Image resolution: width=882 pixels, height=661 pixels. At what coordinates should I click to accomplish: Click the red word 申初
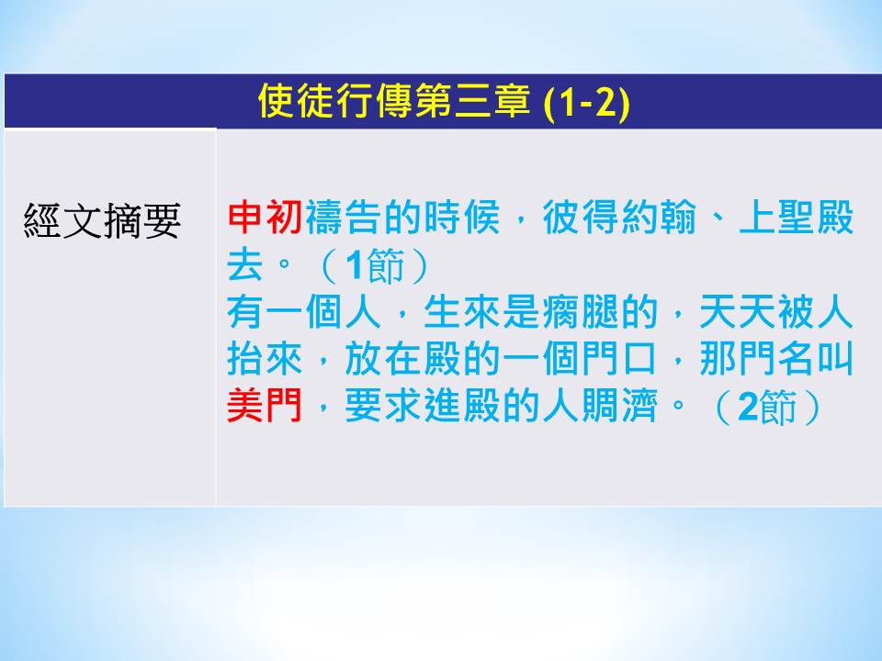click(265, 217)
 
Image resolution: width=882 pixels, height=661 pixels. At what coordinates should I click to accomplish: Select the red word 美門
click(265, 405)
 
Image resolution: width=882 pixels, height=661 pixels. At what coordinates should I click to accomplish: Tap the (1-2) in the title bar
click(587, 103)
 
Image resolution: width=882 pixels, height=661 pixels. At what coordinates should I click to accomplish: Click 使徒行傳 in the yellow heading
click(335, 102)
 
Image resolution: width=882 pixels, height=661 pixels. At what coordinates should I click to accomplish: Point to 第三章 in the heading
click(472, 102)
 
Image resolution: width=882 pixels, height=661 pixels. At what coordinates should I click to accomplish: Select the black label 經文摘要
click(102, 220)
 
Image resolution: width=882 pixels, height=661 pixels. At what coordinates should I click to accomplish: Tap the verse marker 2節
click(767, 406)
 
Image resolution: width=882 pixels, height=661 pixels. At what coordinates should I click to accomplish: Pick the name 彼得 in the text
click(581, 217)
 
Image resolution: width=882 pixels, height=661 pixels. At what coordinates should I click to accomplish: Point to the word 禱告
click(344, 217)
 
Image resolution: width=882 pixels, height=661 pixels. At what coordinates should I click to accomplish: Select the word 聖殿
click(816, 217)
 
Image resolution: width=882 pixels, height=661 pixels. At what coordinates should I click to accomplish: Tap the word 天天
click(738, 311)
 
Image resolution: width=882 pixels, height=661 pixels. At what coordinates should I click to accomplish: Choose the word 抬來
click(265, 359)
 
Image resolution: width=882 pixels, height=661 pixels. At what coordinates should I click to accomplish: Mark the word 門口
click(619, 359)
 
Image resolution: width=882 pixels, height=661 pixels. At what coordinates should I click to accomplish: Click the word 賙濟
click(619, 405)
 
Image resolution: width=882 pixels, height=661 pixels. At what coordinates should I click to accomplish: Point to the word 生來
click(462, 311)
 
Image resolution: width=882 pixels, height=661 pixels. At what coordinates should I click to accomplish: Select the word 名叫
click(816, 359)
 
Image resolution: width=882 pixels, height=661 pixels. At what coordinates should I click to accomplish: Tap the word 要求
click(383, 405)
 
